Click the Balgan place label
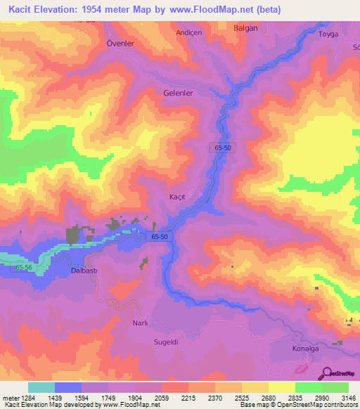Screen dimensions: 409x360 click(245, 28)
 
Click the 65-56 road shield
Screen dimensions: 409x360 click(24, 268)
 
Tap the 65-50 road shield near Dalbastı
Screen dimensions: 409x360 click(158, 238)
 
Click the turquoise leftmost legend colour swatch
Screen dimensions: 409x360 click(41, 387)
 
